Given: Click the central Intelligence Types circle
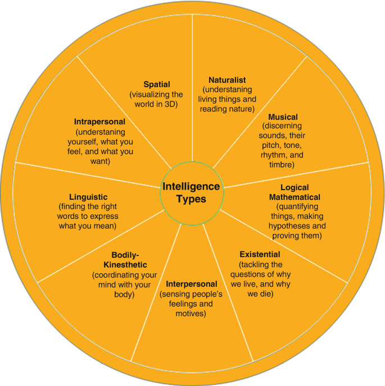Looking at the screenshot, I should tap(191, 192).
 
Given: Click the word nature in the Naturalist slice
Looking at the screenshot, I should tap(243, 109).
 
